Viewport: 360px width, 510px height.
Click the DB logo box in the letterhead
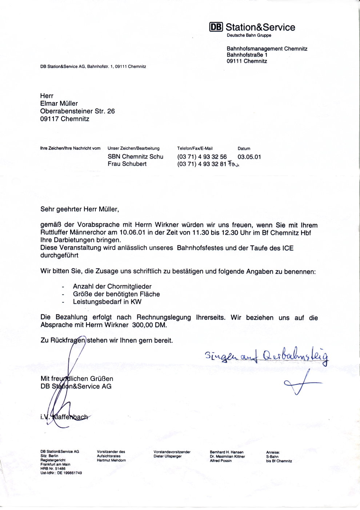(216, 27)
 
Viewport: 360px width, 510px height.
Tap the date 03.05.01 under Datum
(249, 157)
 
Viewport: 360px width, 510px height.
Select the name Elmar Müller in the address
(59, 104)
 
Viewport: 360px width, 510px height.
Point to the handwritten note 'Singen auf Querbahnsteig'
(267, 356)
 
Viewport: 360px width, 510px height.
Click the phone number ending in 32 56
(202, 157)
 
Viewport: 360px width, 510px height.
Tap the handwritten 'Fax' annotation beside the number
(233, 164)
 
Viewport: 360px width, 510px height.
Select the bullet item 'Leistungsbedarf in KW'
(107, 302)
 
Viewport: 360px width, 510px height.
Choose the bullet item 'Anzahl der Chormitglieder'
(112, 286)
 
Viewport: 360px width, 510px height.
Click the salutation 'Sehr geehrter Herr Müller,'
(80, 209)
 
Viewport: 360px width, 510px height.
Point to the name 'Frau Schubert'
(127, 164)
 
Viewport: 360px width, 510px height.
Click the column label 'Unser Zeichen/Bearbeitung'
(133, 148)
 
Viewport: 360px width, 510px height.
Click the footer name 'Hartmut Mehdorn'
(111, 460)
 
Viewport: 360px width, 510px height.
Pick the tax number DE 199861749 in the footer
(69, 473)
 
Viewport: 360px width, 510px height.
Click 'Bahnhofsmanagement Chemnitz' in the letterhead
(267, 49)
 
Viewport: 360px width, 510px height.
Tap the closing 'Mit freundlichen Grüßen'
(77, 379)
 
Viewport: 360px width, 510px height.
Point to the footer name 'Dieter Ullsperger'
(167, 456)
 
